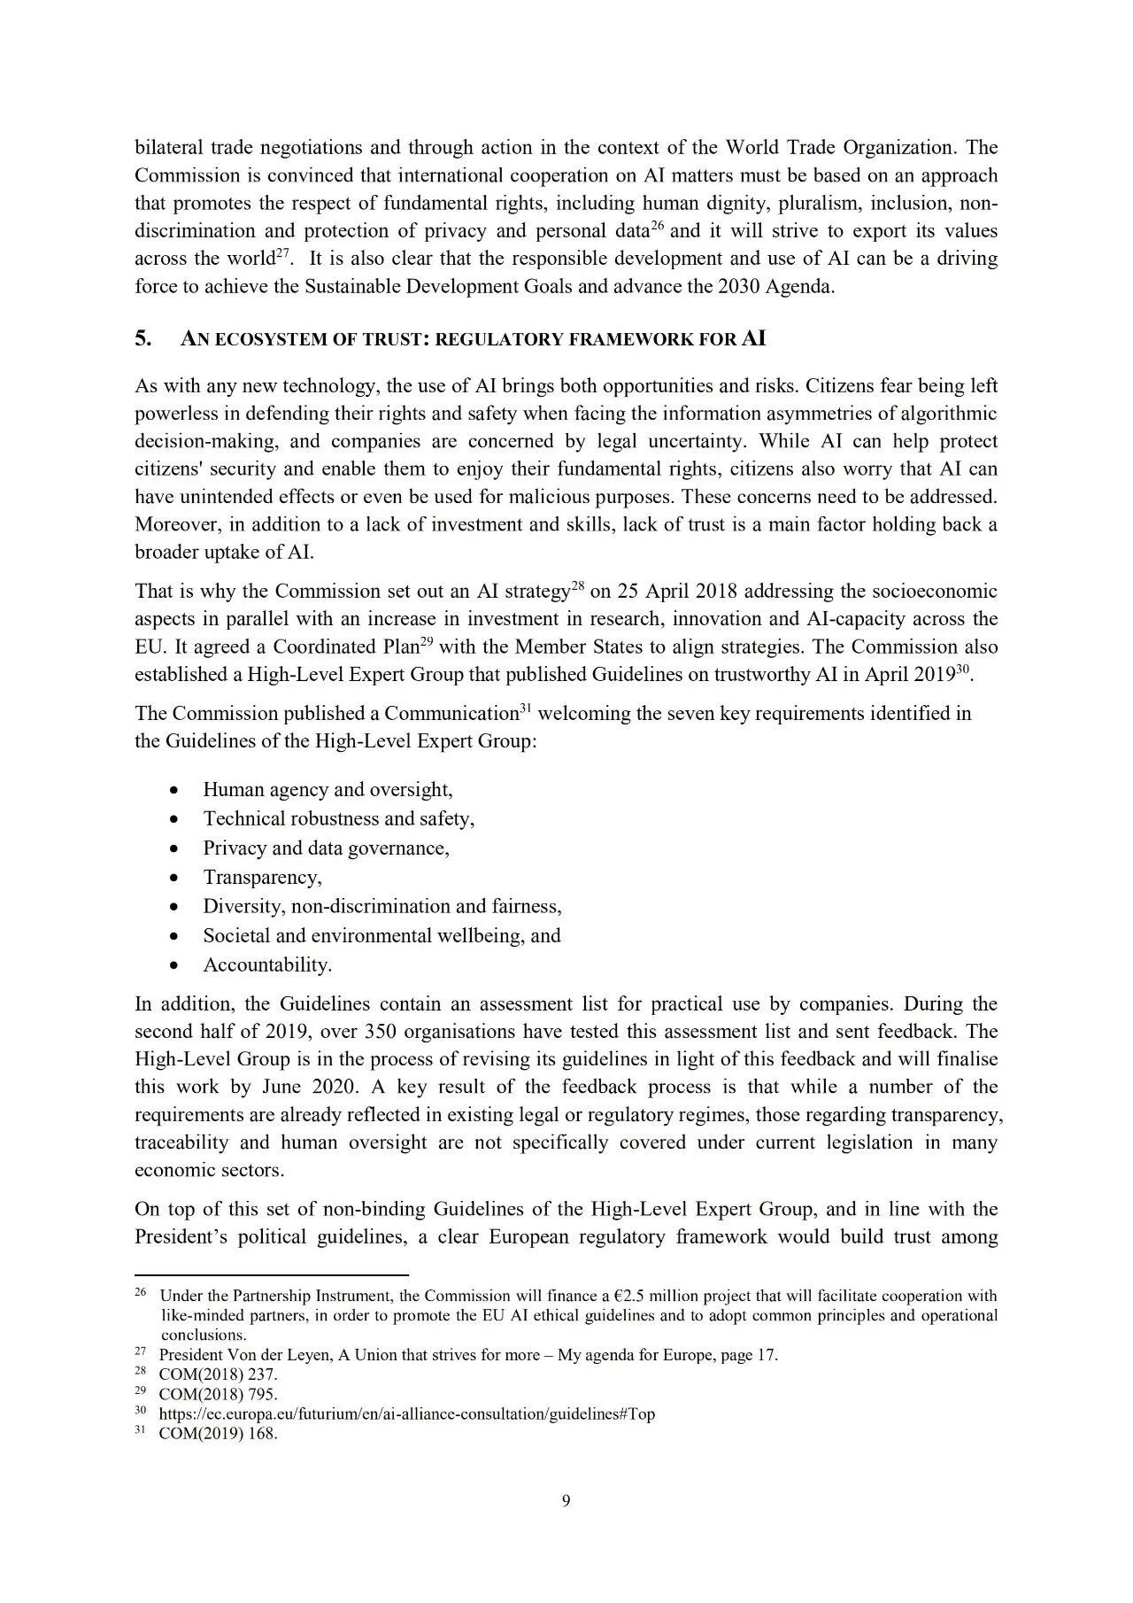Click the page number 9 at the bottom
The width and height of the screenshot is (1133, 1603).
[566, 1500]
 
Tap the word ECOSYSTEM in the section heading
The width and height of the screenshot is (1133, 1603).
[260, 340]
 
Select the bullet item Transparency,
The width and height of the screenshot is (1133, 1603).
[262, 877]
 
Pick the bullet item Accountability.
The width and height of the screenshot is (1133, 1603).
[267, 964]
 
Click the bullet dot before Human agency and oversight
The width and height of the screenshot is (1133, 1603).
[175, 790]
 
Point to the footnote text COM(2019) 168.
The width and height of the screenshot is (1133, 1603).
[218, 1434]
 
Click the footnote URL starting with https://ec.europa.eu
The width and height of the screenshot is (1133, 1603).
[406, 1413]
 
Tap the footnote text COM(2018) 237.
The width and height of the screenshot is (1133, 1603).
[218, 1374]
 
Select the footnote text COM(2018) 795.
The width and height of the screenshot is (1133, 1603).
[218, 1394]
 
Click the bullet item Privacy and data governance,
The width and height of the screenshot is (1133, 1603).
[326, 848]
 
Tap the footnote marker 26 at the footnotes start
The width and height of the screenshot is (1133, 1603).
[141, 1292]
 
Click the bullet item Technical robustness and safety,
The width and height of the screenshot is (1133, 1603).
[338, 818]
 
